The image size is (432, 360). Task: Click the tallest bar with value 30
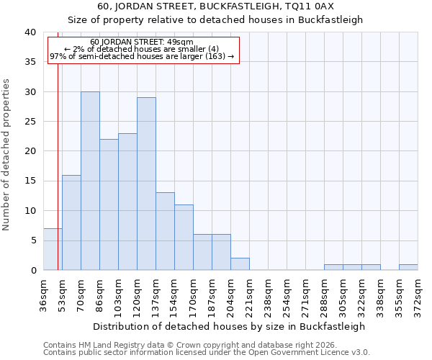click(x=90, y=181)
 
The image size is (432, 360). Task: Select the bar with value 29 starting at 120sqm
click(x=146, y=184)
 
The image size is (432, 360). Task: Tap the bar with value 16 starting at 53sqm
click(x=71, y=222)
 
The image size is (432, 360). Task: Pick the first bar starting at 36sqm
click(x=53, y=249)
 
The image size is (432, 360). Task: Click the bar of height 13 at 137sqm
click(x=165, y=231)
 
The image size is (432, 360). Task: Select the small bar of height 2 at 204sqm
click(x=240, y=264)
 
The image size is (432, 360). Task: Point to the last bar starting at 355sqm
click(x=408, y=267)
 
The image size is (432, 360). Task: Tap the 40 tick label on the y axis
click(x=30, y=32)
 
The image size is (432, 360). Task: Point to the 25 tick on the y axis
click(x=30, y=122)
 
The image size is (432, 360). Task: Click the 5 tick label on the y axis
click(x=32, y=240)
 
